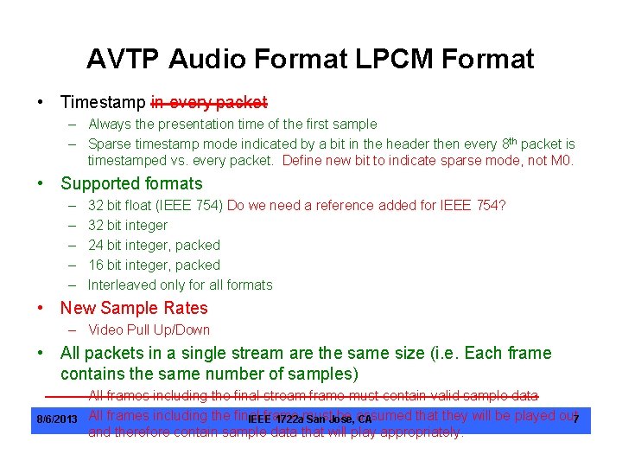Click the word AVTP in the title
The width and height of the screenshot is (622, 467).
tap(124, 59)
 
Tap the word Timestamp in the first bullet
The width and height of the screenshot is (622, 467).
tap(103, 102)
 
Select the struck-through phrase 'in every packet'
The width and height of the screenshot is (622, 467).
tap(208, 102)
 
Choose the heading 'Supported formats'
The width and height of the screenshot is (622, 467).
tap(131, 183)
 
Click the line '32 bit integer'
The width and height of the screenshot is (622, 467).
tap(128, 225)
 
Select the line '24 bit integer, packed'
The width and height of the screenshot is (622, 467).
tap(154, 245)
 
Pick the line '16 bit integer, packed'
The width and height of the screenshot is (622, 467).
tap(154, 265)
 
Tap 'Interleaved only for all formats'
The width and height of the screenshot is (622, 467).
tap(180, 285)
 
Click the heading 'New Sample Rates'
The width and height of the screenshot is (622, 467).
tap(134, 308)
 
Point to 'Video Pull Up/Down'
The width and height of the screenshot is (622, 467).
tap(149, 329)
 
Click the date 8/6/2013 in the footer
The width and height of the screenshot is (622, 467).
tap(56, 420)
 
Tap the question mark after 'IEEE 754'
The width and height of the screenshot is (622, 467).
tap(503, 205)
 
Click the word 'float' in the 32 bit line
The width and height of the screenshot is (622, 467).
tap(143, 205)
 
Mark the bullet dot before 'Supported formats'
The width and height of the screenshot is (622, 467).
tap(41, 183)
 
